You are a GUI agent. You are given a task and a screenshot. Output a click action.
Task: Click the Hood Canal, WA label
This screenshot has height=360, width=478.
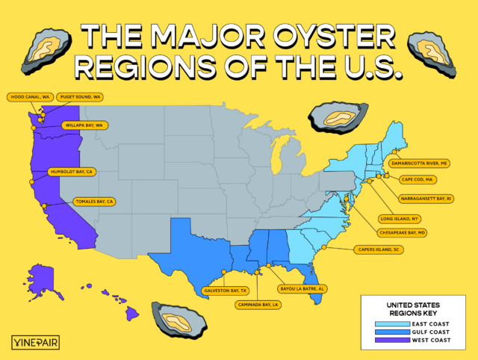[29, 97]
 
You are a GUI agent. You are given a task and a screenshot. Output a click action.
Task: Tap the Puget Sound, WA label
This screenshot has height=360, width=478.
[79, 97]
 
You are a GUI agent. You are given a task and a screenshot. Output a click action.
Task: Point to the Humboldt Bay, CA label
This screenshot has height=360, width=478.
[72, 171]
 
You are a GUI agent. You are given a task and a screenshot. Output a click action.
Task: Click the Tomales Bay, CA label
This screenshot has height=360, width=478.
[95, 202]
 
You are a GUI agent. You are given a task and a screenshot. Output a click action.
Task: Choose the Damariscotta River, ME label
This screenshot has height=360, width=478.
[420, 162]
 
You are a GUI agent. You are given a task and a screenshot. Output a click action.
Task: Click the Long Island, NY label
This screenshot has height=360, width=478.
[400, 218]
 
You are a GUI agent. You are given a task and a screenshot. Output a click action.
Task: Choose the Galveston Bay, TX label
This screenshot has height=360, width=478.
[224, 291]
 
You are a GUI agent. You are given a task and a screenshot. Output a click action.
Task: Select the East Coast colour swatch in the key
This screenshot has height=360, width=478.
[388, 323]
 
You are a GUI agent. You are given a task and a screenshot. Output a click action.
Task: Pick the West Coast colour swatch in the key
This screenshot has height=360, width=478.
[388, 340]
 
